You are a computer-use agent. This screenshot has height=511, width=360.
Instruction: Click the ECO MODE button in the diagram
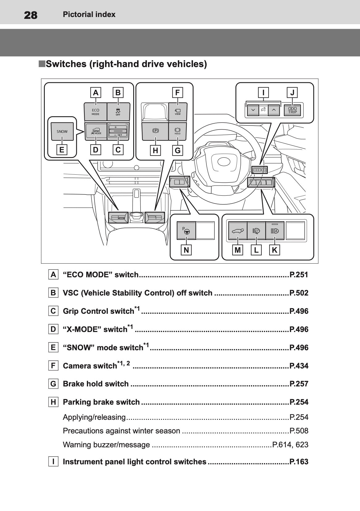coord(95,112)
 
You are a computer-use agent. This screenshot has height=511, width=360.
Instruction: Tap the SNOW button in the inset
coord(62,131)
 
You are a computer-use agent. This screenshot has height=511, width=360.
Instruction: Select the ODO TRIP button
coord(292,110)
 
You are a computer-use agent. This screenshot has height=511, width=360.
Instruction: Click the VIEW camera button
coord(178,112)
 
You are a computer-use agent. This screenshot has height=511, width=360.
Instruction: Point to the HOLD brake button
coord(178,131)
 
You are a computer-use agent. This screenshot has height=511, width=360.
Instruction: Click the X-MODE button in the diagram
coord(96,131)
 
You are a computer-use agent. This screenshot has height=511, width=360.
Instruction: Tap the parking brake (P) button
coord(155,131)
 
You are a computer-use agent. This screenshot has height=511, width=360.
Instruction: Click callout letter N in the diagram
coord(186,250)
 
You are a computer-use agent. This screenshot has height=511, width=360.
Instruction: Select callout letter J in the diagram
coord(292,92)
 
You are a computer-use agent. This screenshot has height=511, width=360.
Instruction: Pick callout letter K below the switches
coord(275,250)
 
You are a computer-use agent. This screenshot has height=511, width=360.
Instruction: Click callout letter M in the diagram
coord(238,250)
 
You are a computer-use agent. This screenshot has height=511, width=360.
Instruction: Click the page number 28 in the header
coord(31,15)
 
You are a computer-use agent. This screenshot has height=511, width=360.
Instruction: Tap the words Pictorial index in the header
coord(89,15)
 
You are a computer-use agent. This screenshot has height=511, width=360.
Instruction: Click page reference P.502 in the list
coord(299,293)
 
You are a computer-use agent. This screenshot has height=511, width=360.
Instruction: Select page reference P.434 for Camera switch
coord(299,366)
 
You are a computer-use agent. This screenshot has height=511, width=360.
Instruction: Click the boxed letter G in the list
coord(53,384)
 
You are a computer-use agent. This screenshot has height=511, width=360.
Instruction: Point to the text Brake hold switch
coord(95,384)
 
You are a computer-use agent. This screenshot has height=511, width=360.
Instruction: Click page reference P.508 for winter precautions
coord(299,431)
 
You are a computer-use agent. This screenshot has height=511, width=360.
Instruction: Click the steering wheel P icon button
coord(186,231)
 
